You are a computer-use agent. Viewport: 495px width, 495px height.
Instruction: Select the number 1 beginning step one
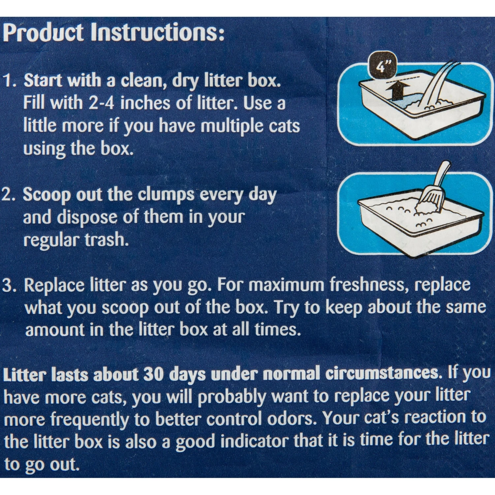click(9, 81)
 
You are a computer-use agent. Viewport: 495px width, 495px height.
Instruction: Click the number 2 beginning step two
click(8, 195)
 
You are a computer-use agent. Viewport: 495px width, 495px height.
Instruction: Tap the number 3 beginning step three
click(9, 285)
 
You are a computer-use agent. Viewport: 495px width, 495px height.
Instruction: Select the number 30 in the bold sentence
click(153, 375)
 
